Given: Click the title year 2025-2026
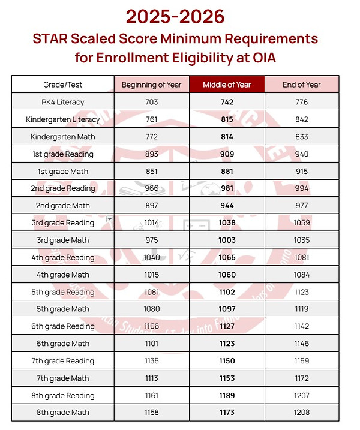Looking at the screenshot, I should [179, 16].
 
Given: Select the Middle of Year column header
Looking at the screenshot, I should [227, 85].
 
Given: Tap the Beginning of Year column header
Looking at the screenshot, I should [151, 85].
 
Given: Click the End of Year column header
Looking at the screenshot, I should [302, 85].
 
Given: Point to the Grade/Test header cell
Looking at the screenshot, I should [63, 85].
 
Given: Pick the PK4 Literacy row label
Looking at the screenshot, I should [63, 102].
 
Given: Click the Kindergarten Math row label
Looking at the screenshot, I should [63, 137].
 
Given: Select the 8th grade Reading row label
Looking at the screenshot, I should [63, 396].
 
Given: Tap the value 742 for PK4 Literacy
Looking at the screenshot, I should [227, 102].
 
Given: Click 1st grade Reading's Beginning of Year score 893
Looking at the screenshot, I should [151, 154].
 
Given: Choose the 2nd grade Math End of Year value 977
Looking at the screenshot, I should [302, 206].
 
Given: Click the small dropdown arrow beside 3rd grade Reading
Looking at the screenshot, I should [109, 219].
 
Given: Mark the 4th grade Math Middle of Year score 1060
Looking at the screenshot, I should [227, 275].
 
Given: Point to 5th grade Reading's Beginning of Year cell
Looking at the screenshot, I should [151, 292].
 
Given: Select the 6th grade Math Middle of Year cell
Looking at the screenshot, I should [227, 344].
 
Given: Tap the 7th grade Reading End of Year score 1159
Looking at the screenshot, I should [302, 361].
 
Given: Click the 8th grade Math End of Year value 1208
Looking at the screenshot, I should [302, 413].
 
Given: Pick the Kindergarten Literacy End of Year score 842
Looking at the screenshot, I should [302, 119].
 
